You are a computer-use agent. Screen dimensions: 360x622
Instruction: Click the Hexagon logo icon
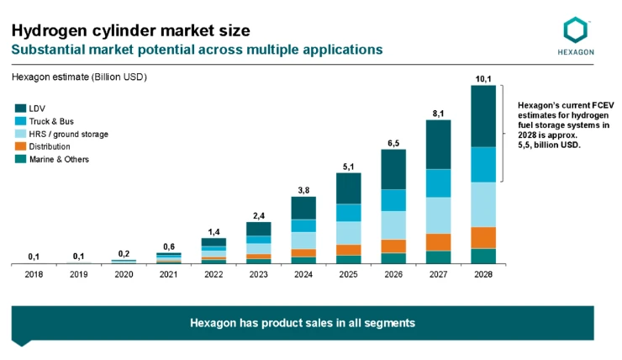click(576, 30)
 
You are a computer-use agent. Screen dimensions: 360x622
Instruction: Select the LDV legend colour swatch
click(19, 109)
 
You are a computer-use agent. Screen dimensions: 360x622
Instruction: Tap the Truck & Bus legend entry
click(50, 121)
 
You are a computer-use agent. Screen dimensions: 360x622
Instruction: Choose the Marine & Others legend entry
click(58, 159)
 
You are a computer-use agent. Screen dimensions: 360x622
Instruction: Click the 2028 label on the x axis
click(482, 274)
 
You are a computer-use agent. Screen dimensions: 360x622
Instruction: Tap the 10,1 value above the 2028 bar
click(483, 79)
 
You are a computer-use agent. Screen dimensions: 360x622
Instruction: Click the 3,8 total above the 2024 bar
click(303, 190)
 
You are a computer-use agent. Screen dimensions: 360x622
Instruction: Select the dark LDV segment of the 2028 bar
click(483, 116)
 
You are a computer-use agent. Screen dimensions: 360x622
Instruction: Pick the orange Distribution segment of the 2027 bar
click(438, 241)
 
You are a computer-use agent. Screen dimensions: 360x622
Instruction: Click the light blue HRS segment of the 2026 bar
click(393, 225)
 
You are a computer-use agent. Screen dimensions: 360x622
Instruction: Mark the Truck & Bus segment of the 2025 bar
click(349, 212)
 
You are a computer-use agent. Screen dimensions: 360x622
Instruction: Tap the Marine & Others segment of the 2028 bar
click(483, 256)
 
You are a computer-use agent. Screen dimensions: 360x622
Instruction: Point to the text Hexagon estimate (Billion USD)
click(79, 77)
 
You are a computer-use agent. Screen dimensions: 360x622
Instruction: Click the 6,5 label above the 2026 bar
click(393, 143)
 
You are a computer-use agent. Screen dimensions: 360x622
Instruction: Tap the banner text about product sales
click(303, 322)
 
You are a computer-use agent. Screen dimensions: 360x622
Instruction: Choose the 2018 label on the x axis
click(34, 274)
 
